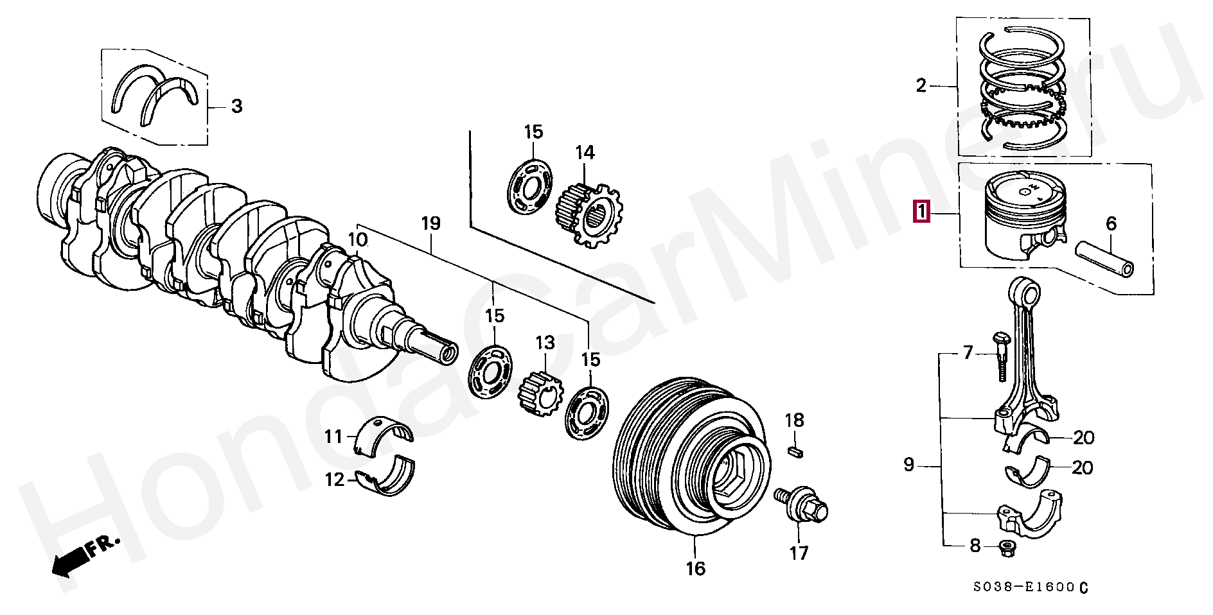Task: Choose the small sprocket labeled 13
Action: click(538, 391)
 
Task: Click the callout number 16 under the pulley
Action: click(696, 568)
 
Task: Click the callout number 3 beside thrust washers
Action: click(236, 106)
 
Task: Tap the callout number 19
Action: click(431, 224)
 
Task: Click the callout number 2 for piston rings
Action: click(921, 85)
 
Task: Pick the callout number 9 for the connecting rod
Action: click(908, 464)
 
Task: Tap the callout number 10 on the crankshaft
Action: click(358, 240)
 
